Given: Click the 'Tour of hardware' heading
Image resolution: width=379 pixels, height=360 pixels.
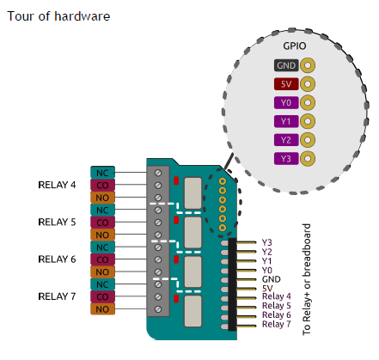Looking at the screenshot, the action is click(x=58, y=16).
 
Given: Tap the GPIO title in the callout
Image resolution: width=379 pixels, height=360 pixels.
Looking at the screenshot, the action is click(x=295, y=46).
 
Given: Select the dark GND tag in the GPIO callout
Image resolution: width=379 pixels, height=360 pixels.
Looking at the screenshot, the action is click(x=286, y=65).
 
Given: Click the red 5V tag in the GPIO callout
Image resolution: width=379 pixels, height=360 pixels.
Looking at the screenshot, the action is click(x=286, y=84).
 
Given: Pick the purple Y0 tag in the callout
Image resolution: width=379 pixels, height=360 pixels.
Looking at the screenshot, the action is click(x=286, y=102).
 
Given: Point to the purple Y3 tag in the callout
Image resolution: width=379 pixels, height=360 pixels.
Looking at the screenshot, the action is click(x=286, y=158).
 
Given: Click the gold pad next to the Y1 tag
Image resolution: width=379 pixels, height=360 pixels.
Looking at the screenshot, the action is click(x=308, y=121).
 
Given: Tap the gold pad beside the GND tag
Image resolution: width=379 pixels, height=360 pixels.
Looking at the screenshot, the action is click(x=308, y=65).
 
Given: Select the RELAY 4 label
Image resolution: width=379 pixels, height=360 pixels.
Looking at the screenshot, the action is click(x=57, y=185).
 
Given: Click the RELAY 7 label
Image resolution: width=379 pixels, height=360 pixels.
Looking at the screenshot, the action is click(x=57, y=296).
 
